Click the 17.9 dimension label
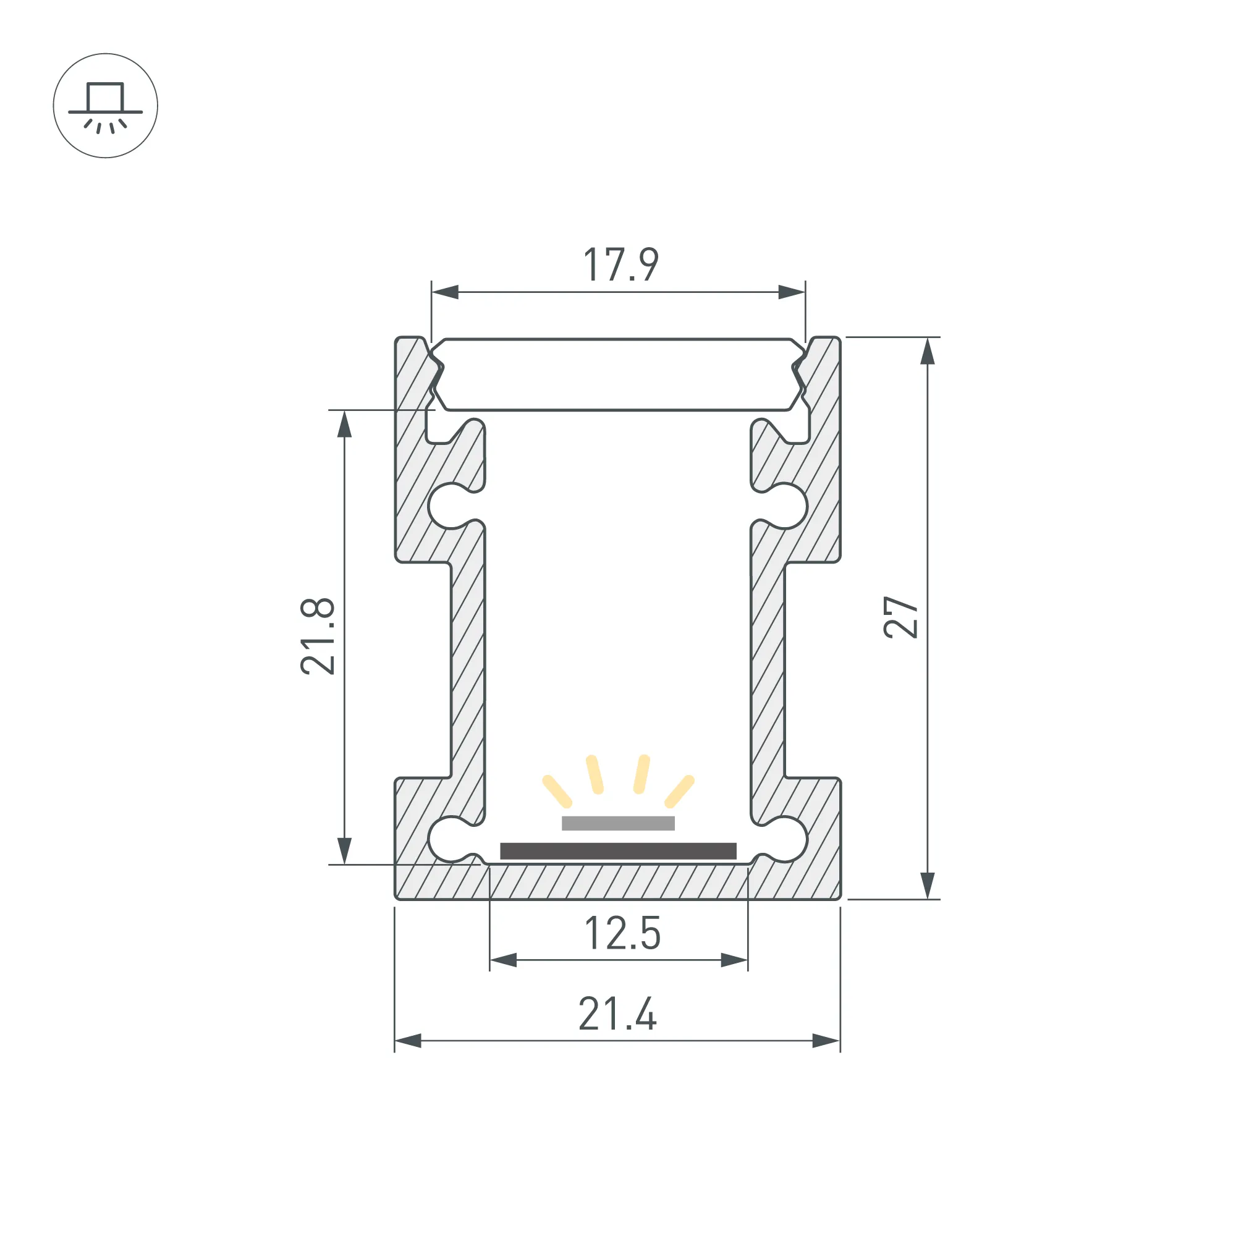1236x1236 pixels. pyautogui.click(x=620, y=265)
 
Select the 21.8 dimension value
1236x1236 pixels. pyautogui.click(x=318, y=636)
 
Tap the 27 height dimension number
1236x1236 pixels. pyautogui.click(x=901, y=617)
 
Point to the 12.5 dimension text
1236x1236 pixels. pyautogui.click(x=622, y=933)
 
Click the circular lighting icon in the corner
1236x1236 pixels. pyautogui.click(x=106, y=106)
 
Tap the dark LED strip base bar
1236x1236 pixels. pyautogui.click(x=618, y=851)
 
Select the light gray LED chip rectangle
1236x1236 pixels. pyautogui.click(x=618, y=823)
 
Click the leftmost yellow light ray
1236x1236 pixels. pyautogui.click(x=557, y=792)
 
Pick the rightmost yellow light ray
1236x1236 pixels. pyautogui.click(x=679, y=792)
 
